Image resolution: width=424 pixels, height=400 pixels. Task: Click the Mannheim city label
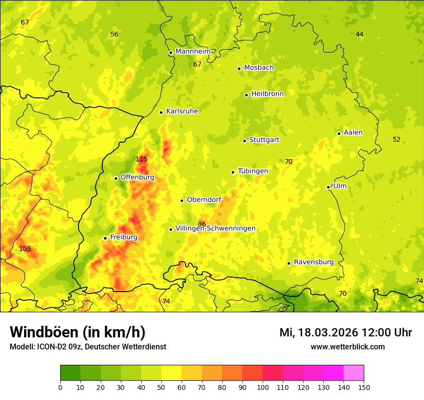point(193,52)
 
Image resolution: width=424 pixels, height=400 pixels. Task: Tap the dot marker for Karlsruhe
point(161,112)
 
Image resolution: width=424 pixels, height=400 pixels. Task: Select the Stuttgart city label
point(264,140)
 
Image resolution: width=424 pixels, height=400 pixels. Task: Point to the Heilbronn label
point(267,94)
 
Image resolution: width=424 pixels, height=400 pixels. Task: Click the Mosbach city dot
point(239,68)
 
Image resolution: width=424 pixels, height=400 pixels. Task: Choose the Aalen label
point(353,133)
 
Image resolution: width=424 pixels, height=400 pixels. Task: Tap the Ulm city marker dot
point(329,187)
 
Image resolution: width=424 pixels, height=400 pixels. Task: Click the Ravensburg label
point(314,262)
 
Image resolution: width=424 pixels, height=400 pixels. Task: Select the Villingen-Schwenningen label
point(215,228)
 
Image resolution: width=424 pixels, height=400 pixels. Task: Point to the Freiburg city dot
point(105,238)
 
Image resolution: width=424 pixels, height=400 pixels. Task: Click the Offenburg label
point(137,177)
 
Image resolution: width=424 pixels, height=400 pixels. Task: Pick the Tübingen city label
point(253,171)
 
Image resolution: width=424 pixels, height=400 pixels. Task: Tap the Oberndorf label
point(204,200)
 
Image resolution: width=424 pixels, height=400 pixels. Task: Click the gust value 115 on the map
point(141,159)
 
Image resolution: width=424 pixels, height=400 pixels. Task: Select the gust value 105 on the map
point(25,249)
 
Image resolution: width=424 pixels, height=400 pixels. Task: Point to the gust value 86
point(202,224)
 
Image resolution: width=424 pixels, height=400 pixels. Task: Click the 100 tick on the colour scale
point(263,387)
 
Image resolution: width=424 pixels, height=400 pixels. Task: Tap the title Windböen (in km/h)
point(78,332)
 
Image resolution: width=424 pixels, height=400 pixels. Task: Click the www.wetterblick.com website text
point(347,347)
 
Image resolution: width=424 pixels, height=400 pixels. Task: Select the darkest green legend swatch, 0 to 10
point(70,373)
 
